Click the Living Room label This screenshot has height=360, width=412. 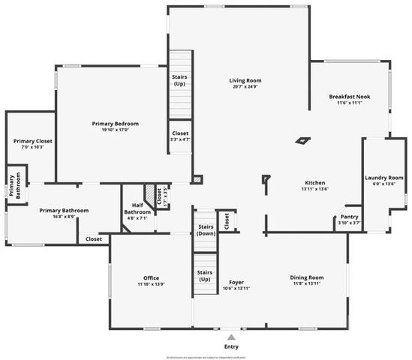(x=245, y=80)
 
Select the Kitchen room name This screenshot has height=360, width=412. (x=314, y=183)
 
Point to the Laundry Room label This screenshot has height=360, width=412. (x=383, y=178)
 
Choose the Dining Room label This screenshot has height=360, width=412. (x=306, y=278)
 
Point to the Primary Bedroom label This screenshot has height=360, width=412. (x=115, y=124)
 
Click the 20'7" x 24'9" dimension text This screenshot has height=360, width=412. (x=245, y=87)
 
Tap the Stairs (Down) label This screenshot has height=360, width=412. (x=206, y=229)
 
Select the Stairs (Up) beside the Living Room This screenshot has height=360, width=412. (x=179, y=79)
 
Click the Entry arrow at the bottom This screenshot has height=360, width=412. (x=231, y=337)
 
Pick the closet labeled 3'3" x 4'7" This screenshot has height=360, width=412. (x=180, y=136)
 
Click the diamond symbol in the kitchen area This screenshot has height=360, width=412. (x=302, y=139)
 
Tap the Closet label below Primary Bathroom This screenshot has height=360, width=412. (x=94, y=239)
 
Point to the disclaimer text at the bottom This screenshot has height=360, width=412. (x=206, y=356)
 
